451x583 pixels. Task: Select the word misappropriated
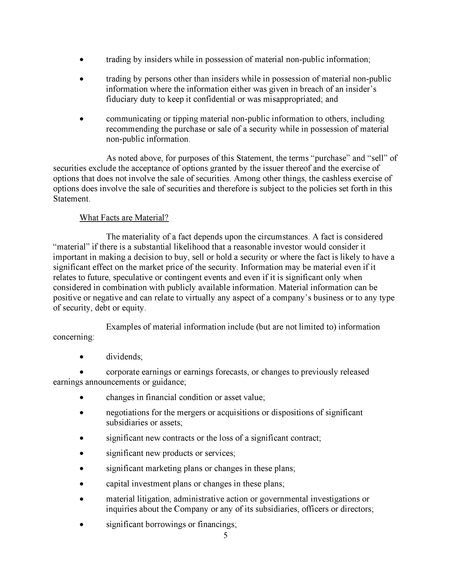(293, 99)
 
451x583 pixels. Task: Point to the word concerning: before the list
(73, 337)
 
